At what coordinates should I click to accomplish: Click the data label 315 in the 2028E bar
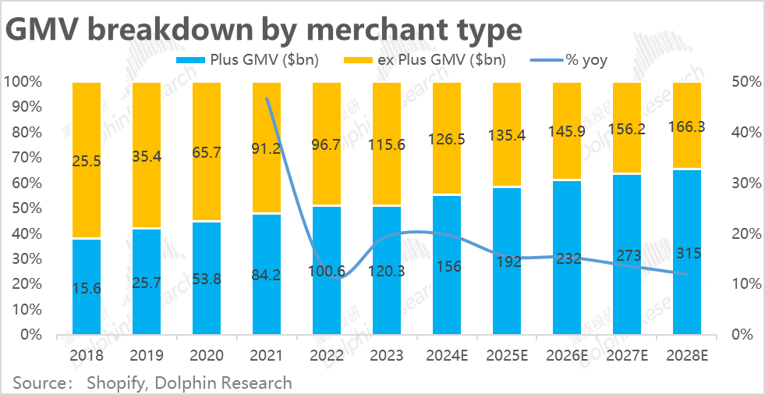coord(687,253)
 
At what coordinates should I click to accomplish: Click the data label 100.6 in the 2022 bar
coord(327,272)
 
